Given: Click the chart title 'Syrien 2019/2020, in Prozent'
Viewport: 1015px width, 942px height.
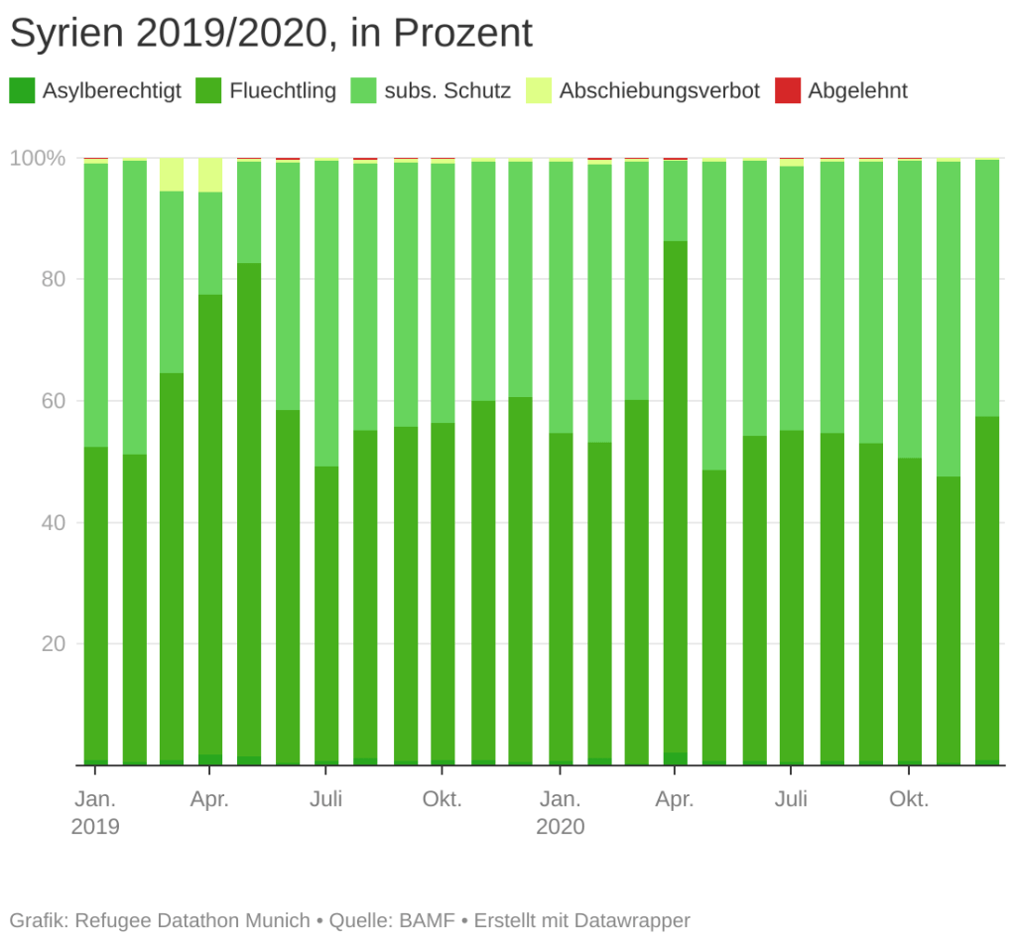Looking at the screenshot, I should pyautogui.click(x=271, y=34).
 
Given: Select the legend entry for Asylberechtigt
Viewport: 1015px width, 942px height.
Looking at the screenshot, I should pyautogui.click(x=111, y=91).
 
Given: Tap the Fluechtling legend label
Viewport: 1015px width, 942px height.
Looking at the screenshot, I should pyautogui.click(x=283, y=91).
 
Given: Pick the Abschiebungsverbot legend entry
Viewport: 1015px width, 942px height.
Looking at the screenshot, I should pyautogui.click(x=659, y=91).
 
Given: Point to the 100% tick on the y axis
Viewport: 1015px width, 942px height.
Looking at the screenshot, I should pyautogui.click(x=38, y=158).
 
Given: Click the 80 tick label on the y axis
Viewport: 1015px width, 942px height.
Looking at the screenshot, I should pyautogui.click(x=51, y=280).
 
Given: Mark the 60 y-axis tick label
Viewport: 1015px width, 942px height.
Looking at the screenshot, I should pyautogui.click(x=51, y=401).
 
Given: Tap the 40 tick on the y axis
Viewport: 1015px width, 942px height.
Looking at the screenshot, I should pyautogui.click(x=51, y=523).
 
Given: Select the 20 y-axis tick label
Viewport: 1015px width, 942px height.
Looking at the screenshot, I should pyautogui.click(x=51, y=644).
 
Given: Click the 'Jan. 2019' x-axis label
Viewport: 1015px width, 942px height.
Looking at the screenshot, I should pyautogui.click(x=95, y=812).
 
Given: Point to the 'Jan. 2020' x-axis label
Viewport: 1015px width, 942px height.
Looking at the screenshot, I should pyautogui.click(x=561, y=812).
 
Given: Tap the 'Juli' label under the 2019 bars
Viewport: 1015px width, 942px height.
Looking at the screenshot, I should pyautogui.click(x=326, y=799).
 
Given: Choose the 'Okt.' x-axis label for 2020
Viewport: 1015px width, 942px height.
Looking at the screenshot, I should pyautogui.click(x=909, y=799).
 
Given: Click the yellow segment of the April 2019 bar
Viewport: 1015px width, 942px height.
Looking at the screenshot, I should pyautogui.click(x=210, y=175).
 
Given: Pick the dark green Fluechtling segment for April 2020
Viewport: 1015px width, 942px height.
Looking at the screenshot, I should pyautogui.click(x=676, y=496).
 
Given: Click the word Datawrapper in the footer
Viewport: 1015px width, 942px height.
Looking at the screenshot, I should pyautogui.click(x=634, y=920).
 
